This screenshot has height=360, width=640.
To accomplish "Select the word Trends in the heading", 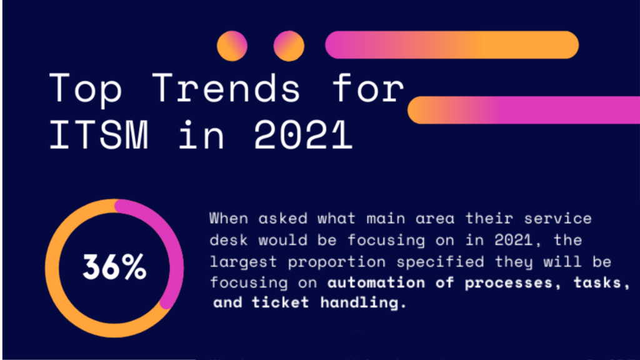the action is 226,87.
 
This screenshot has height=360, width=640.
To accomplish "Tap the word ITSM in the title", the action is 98,135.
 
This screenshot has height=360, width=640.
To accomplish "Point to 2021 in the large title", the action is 303,135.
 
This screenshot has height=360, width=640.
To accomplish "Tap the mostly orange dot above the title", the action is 232,46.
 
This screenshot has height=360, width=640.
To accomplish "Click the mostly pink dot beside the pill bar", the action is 289,46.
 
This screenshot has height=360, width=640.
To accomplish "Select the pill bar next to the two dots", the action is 452,45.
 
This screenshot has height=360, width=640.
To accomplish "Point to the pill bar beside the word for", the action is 524,110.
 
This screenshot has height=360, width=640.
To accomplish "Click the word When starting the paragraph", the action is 229,218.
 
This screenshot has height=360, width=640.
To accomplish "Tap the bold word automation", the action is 376,282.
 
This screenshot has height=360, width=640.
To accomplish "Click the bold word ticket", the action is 281,302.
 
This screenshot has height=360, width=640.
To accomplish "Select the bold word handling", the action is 363,303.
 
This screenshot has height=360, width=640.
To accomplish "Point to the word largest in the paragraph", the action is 243,262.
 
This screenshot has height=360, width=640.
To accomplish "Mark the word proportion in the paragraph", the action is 337,262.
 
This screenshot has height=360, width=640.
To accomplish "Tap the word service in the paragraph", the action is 557,218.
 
